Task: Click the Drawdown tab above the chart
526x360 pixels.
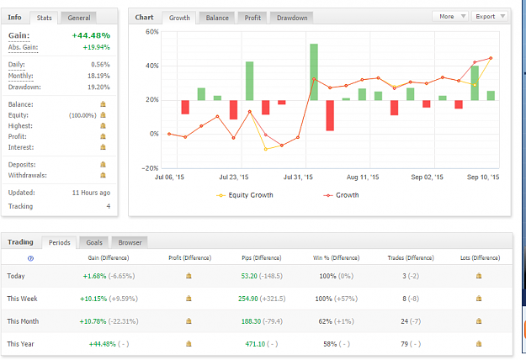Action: coord(292,18)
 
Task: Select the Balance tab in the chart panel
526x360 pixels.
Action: coord(217,18)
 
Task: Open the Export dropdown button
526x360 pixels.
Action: coord(490,17)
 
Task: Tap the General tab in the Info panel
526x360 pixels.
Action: coord(79,18)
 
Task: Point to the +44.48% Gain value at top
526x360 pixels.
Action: coord(91,35)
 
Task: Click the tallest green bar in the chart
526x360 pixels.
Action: coord(314,72)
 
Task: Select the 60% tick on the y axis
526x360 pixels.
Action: coord(152,32)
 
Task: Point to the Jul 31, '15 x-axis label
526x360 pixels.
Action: coord(298,177)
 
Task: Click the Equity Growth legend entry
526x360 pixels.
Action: coord(245,195)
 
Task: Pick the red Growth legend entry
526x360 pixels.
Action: coord(341,195)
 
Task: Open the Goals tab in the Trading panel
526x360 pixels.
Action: coord(94,242)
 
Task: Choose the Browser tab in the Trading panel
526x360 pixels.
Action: coord(130,242)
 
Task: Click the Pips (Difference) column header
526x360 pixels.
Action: coord(262,257)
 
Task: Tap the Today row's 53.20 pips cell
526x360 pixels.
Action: coord(249,276)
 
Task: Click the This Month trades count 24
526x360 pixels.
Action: coord(404,321)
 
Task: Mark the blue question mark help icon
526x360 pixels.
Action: coord(30,258)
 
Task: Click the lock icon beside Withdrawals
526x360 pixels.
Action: coord(103,175)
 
